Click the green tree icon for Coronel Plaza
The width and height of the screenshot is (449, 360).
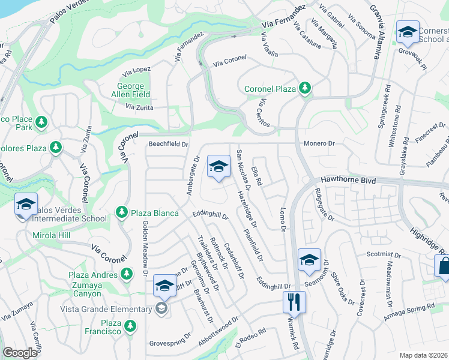click(x=305, y=89)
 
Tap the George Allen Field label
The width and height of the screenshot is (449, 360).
click(x=130, y=90)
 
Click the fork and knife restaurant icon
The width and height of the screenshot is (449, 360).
click(x=294, y=301)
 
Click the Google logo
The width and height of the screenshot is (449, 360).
click(x=20, y=353)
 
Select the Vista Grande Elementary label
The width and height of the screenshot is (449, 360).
click(x=106, y=309)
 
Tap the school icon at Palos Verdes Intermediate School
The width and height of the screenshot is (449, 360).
click(x=26, y=205)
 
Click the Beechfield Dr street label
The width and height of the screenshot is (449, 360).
click(x=169, y=145)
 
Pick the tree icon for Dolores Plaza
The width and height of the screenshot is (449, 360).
click(x=56, y=147)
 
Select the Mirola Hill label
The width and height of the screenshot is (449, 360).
click(x=52, y=236)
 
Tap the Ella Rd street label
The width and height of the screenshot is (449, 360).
click(x=258, y=174)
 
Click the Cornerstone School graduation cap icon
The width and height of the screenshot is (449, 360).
click(x=408, y=32)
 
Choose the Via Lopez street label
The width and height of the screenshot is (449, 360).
click(x=137, y=70)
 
